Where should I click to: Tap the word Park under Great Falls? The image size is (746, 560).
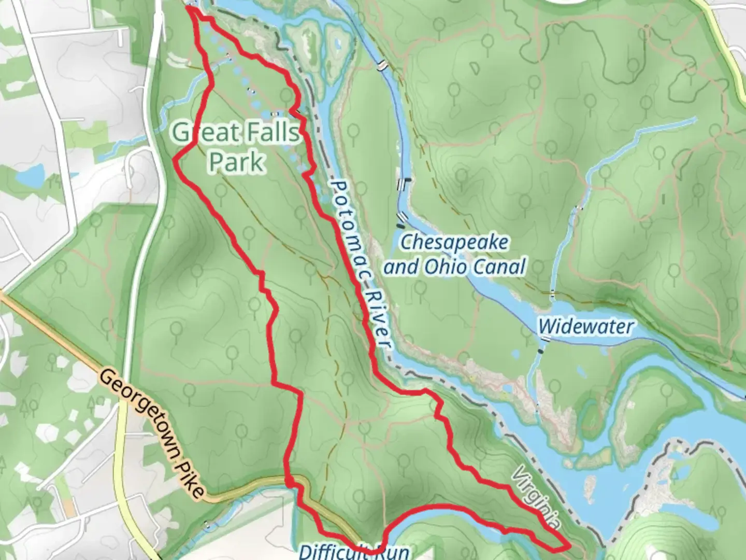pyautogui.click(x=237, y=161)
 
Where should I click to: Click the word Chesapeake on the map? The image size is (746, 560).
pyautogui.click(x=454, y=243)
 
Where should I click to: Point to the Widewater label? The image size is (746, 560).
pyautogui.click(x=586, y=327)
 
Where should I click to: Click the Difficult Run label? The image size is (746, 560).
pyautogui.click(x=354, y=551)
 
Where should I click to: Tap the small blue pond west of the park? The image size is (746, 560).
pyautogui.click(x=30, y=176)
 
